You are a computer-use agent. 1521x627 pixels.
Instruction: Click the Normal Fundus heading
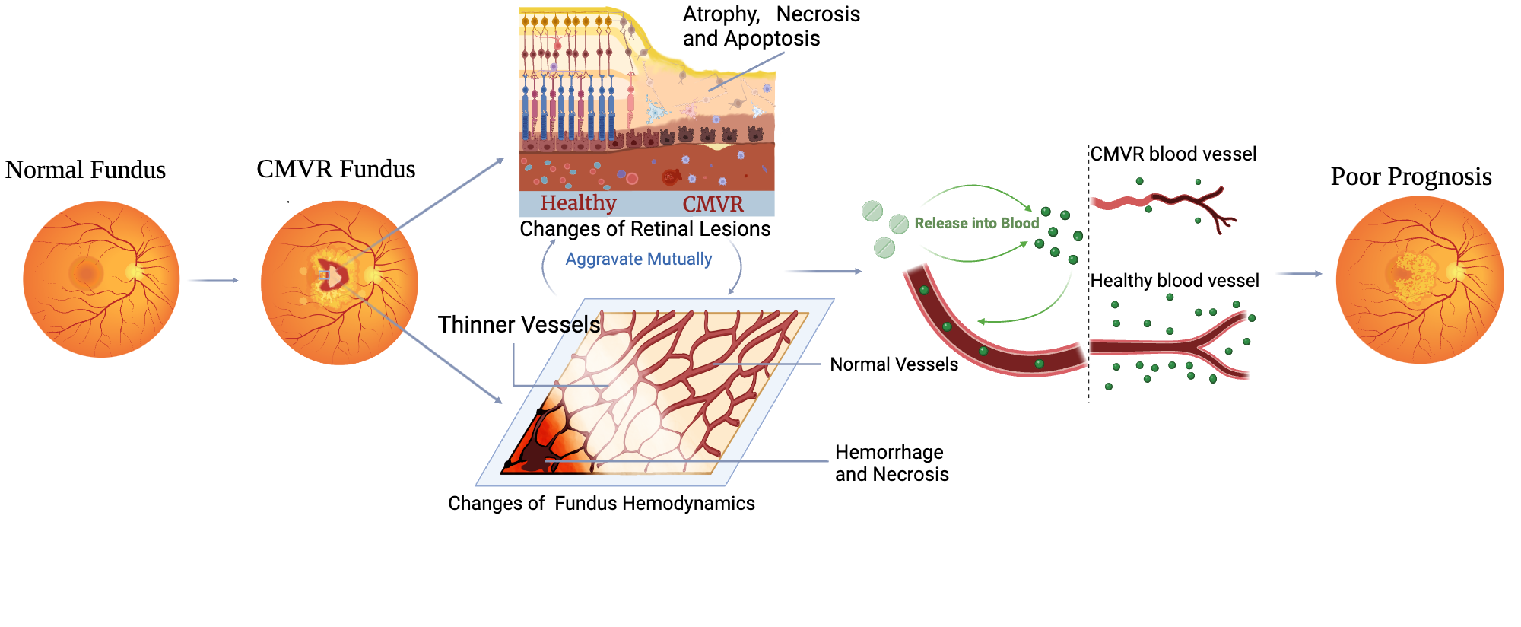(85, 170)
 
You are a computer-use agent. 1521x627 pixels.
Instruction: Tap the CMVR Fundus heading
(335, 169)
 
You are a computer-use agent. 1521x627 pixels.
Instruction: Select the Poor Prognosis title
(1411, 177)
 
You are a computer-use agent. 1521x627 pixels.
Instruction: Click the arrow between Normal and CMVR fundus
(214, 281)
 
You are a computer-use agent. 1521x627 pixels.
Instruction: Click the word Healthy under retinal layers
(578, 203)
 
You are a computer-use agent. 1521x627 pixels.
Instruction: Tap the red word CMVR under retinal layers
(713, 204)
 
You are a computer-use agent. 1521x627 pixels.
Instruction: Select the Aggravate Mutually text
(638, 259)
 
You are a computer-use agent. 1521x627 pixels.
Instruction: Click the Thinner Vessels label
(519, 325)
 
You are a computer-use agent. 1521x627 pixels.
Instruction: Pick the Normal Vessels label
(894, 364)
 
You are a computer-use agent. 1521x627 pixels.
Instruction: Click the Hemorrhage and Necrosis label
(891, 463)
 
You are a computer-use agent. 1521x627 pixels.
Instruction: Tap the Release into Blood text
(976, 223)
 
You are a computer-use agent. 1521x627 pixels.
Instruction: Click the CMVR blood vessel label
(1173, 154)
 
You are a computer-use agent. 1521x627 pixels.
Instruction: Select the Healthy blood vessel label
(1174, 281)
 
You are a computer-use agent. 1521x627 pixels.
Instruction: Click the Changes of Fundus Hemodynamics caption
(601, 503)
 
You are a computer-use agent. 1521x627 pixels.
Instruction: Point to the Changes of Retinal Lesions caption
(645, 229)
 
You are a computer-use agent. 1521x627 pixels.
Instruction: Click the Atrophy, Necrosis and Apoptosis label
(770, 27)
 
